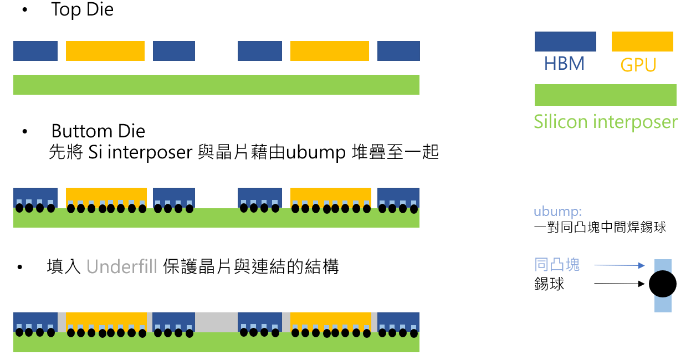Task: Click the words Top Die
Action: pyautogui.click(x=82, y=10)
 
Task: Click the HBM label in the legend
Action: pyautogui.click(x=564, y=64)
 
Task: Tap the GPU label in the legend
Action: pyautogui.click(x=638, y=65)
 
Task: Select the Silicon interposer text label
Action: pyautogui.click(x=606, y=121)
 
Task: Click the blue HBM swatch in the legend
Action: pyautogui.click(x=565, y=42)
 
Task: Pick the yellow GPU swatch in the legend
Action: pyautogui.click(x=642, y=42)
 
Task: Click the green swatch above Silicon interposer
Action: pyautogui.click(x=605, y=95)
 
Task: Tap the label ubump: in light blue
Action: pyautogui.click(x=557, y=212)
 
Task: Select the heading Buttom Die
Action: pyautogui.click(x=98, y=131)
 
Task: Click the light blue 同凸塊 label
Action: pyautogui.click(x=557, y=264)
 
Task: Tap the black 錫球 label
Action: pyautogui.click(x=549, y=284)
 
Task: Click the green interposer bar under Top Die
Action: pyautogui.click(x=216, y=85)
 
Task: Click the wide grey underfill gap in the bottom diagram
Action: pyautogui.click(x=216, y=322)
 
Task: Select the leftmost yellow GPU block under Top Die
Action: pyautogui.click(x=105, y=51)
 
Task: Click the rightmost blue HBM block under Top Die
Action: pyautogui.click(x=398, y=51)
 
